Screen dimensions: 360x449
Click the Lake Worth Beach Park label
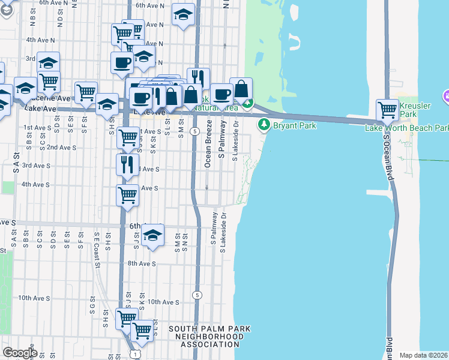click(407, 128)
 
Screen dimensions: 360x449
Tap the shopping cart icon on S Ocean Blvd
click(387, 110)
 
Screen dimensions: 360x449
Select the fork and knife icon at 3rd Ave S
click(127, 164)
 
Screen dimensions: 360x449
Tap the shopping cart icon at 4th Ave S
click(127, 194)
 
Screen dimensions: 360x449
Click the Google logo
click(20, 352)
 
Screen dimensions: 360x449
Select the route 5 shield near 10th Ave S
click(197, 295)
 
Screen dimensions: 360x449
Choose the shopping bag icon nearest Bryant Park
click(241, 89)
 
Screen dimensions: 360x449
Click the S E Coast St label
click(96, 248)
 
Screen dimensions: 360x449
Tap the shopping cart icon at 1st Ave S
click(128, 137)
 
